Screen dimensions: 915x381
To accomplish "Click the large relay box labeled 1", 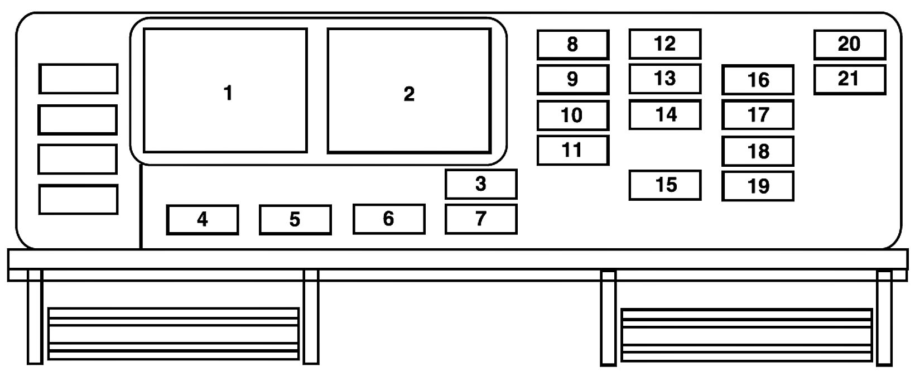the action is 225,90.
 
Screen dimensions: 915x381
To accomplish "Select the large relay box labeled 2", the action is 409,90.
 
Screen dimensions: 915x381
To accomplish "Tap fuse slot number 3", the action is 481,184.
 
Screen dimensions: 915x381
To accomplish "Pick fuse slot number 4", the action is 203,219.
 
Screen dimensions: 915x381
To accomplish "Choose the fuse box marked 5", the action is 295,219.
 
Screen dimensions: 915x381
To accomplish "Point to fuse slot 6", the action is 389,219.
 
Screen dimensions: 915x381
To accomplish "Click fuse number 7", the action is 481,219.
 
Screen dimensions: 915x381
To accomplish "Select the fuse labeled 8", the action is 572,45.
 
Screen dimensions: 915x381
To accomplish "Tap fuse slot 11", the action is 572,149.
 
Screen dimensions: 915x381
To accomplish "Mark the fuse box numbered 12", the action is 664,44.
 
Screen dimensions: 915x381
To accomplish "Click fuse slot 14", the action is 664,114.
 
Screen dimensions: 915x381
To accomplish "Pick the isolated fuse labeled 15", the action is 664,185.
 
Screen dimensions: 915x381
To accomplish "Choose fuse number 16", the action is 758,80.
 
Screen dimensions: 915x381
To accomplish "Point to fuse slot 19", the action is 758,186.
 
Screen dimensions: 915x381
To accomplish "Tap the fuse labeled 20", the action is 849,45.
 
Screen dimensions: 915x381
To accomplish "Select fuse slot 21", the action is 849,79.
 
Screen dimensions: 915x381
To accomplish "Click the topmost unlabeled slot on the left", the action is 78,79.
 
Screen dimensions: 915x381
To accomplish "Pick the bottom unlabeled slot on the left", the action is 78,199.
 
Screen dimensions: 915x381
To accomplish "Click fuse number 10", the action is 572,115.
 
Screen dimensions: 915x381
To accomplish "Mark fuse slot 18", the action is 758,151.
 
